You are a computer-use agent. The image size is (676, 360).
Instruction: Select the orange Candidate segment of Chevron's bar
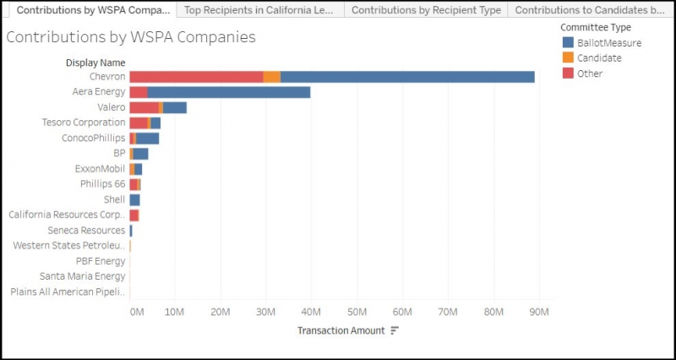tap(271, 77)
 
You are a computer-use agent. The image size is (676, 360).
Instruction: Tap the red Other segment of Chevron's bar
tap(196, 77)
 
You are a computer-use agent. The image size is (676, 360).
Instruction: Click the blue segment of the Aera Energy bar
tap(228, 92)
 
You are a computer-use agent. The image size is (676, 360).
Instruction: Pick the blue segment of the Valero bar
tap(175, 107)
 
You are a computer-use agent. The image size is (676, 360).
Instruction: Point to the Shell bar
tap(134, 199)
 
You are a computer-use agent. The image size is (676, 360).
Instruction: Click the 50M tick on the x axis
tap(357, 312)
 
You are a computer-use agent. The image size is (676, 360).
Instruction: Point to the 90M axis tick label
tap(538, 312)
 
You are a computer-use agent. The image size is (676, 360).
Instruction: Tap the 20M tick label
tap(220, 312)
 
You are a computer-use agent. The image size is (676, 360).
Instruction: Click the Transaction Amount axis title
tap(341, 330)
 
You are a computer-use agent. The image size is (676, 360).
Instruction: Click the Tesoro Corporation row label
tap(84, 123)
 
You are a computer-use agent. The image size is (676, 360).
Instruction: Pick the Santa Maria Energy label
tap(82, 276)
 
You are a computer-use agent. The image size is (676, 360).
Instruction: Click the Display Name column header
tap(95, 63)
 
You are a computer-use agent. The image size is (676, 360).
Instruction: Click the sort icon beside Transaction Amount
tap(395, 330)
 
